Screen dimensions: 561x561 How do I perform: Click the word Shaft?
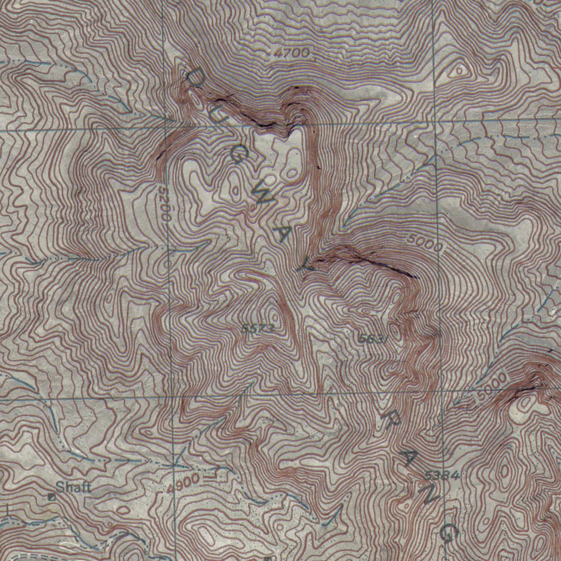click(73, 486)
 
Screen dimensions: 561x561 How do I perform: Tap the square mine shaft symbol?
click(52, 496)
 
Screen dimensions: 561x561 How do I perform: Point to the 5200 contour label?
click(163, 203)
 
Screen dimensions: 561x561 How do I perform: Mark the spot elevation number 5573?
click(257, 328)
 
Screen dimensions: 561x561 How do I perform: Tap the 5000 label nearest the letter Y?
click(425, 243)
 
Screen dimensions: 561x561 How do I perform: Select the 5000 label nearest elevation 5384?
click(491, 388)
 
